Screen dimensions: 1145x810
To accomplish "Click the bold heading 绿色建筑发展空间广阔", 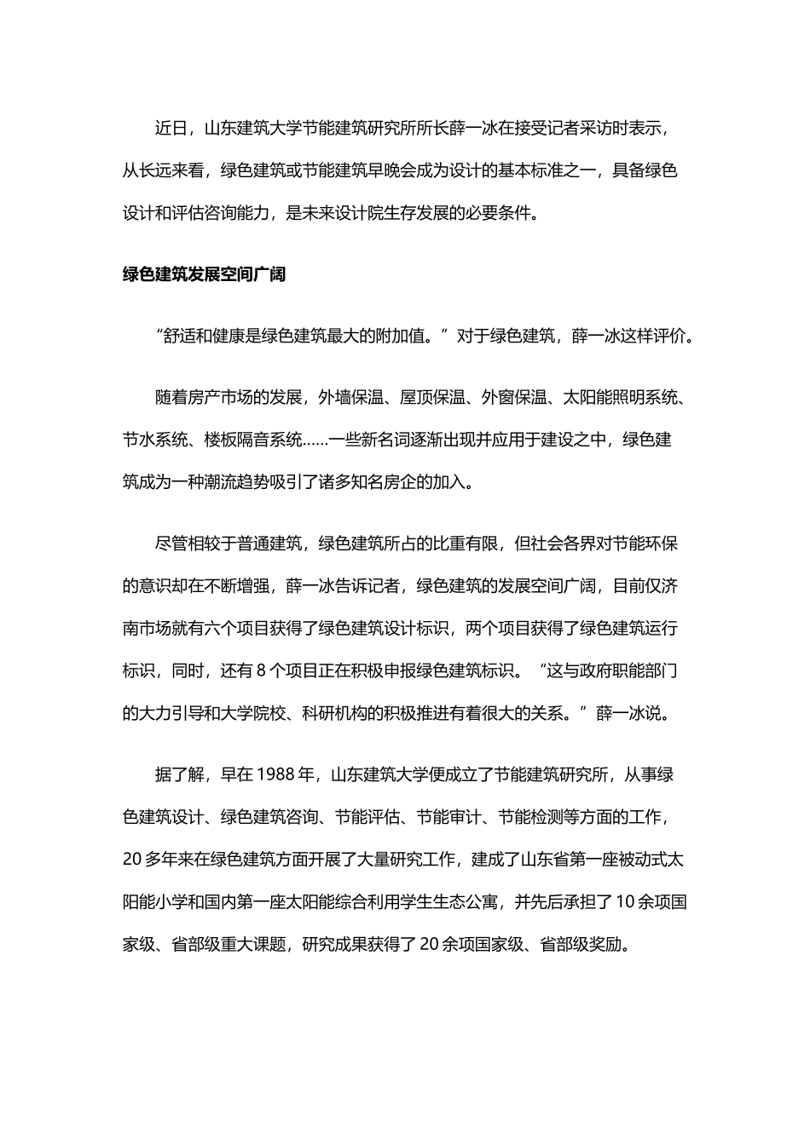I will point(204,275).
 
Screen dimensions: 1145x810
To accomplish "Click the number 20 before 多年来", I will point(131,860).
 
